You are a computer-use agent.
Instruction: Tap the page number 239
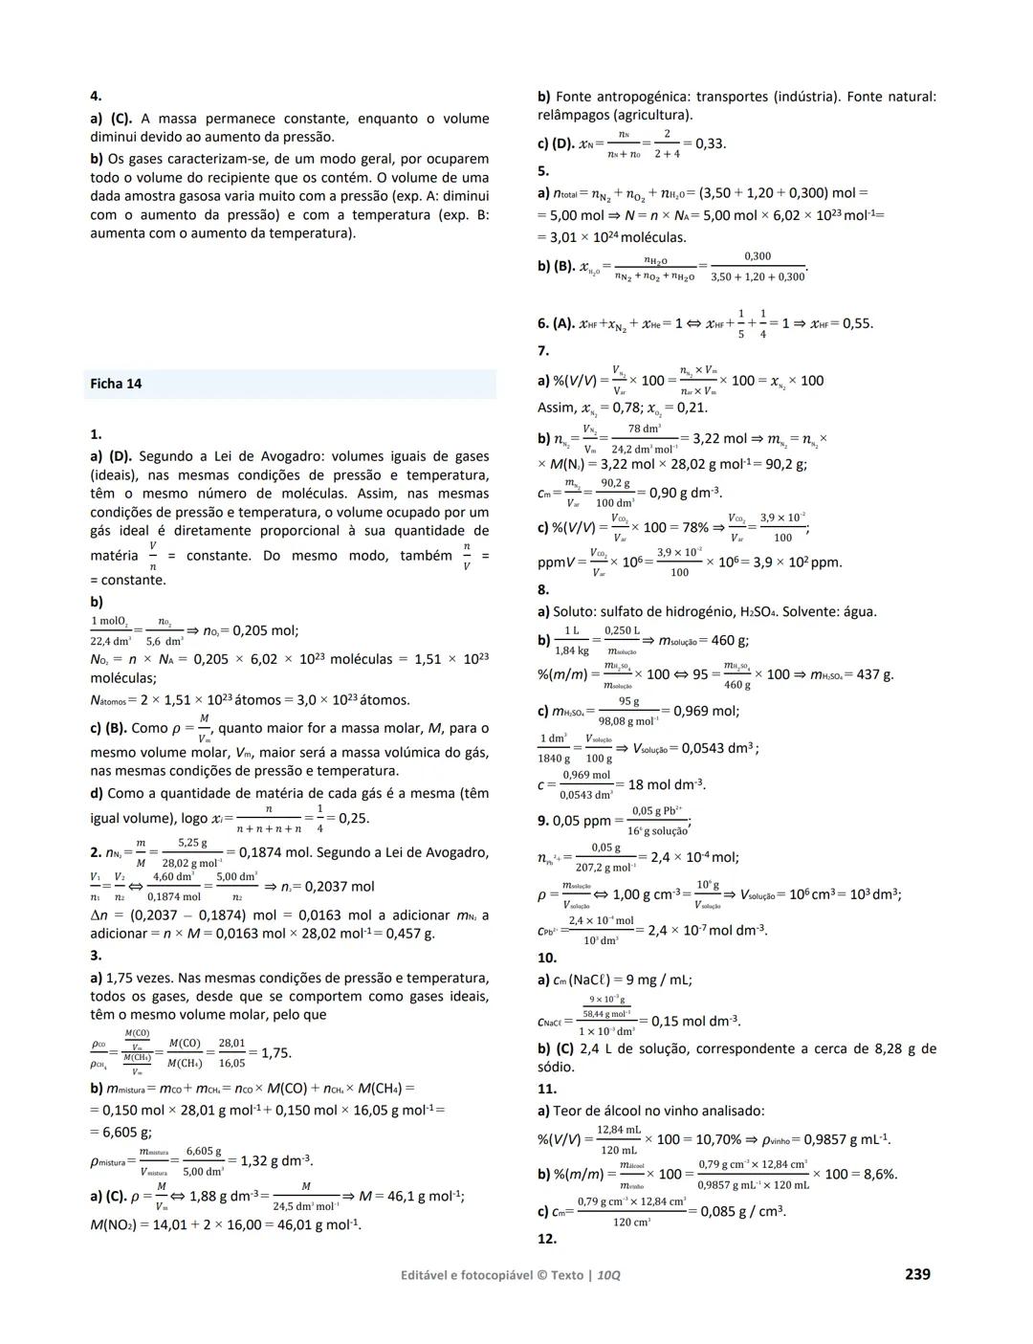(x=916, y=1274)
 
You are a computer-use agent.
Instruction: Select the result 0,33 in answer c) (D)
(x=710, y=143)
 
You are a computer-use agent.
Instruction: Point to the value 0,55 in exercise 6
(x=857, y=323)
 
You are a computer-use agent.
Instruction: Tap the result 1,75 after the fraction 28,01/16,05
(x=275, y=1052)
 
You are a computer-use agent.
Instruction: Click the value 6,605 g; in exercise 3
(x=121, y=1132)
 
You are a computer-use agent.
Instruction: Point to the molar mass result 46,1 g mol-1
(x=417, y=1196)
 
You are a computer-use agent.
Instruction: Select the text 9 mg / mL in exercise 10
(x=659, y=980)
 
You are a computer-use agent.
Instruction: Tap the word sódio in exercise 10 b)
(x=556, y=1067)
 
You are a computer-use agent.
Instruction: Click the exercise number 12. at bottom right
(x=547, y=1239)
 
